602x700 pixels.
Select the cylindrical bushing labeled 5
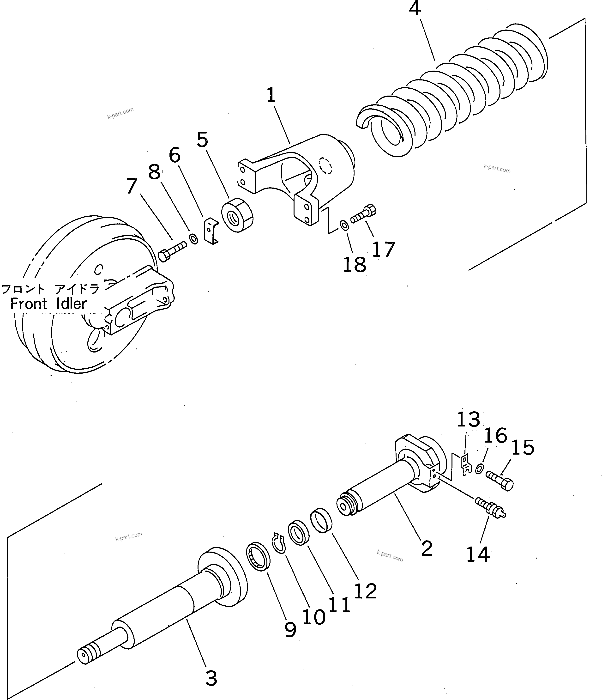tap(237, 215)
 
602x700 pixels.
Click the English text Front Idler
tap(49, 304)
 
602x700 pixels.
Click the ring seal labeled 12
tap(321, 521)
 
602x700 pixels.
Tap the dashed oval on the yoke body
tap(325, 165)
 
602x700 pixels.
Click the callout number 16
tap(495, 435)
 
